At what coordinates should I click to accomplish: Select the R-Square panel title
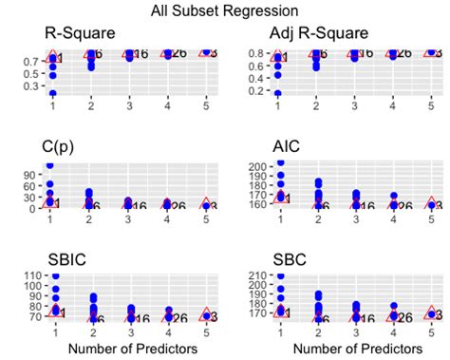(x=81, y=34)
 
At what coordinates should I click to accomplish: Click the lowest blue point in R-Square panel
(x=52, y=93)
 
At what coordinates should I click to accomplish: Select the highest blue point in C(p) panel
(x=52, y=165)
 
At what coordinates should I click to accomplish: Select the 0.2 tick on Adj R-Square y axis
(x=256, y=92)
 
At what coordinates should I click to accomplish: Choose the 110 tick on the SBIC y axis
(x=28, y=275)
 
